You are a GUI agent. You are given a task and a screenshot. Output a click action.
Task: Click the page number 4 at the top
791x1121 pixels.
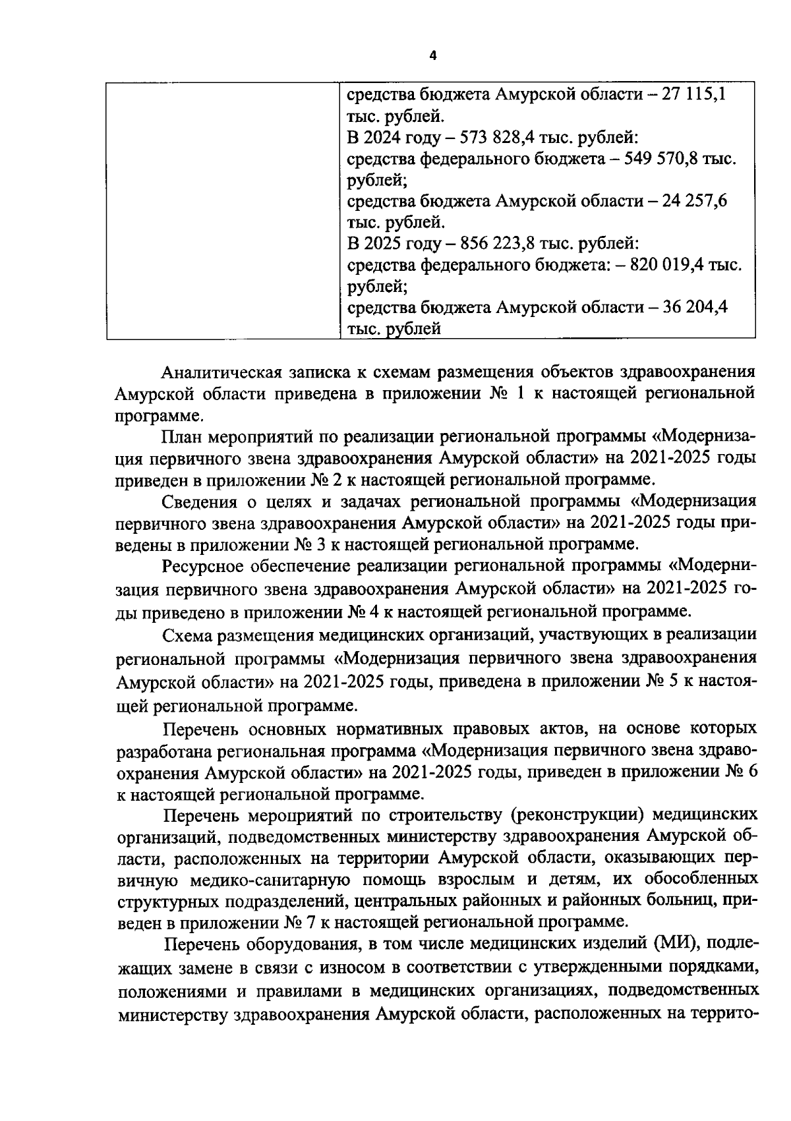(x=432, y=56)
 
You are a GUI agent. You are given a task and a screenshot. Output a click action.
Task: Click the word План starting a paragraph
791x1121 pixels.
(x=182, y=437)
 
